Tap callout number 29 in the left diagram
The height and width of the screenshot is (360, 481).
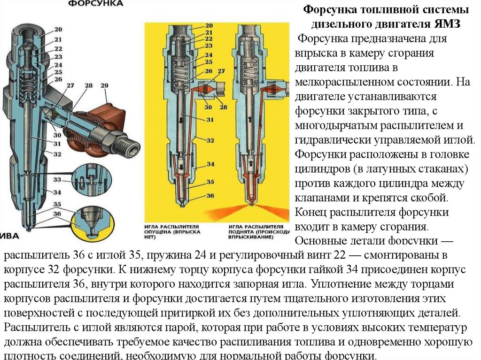tap(104, 85)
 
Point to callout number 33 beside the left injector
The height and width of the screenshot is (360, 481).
tap(57, 180)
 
